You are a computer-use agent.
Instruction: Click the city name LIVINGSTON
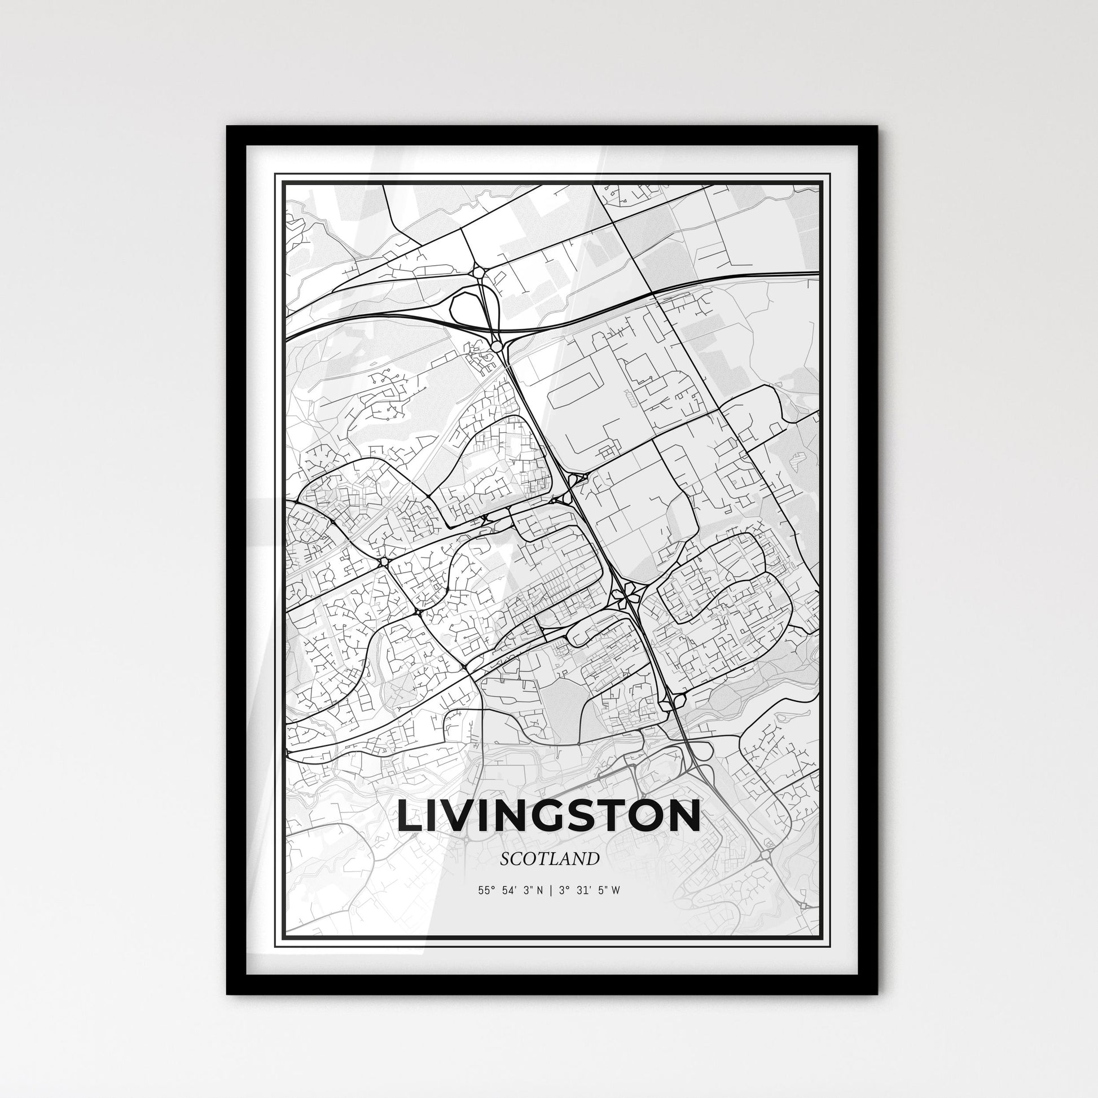548,815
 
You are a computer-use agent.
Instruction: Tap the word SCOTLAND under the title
550,859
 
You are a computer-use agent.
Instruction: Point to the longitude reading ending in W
590,890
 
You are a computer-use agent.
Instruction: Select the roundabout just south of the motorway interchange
496,346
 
